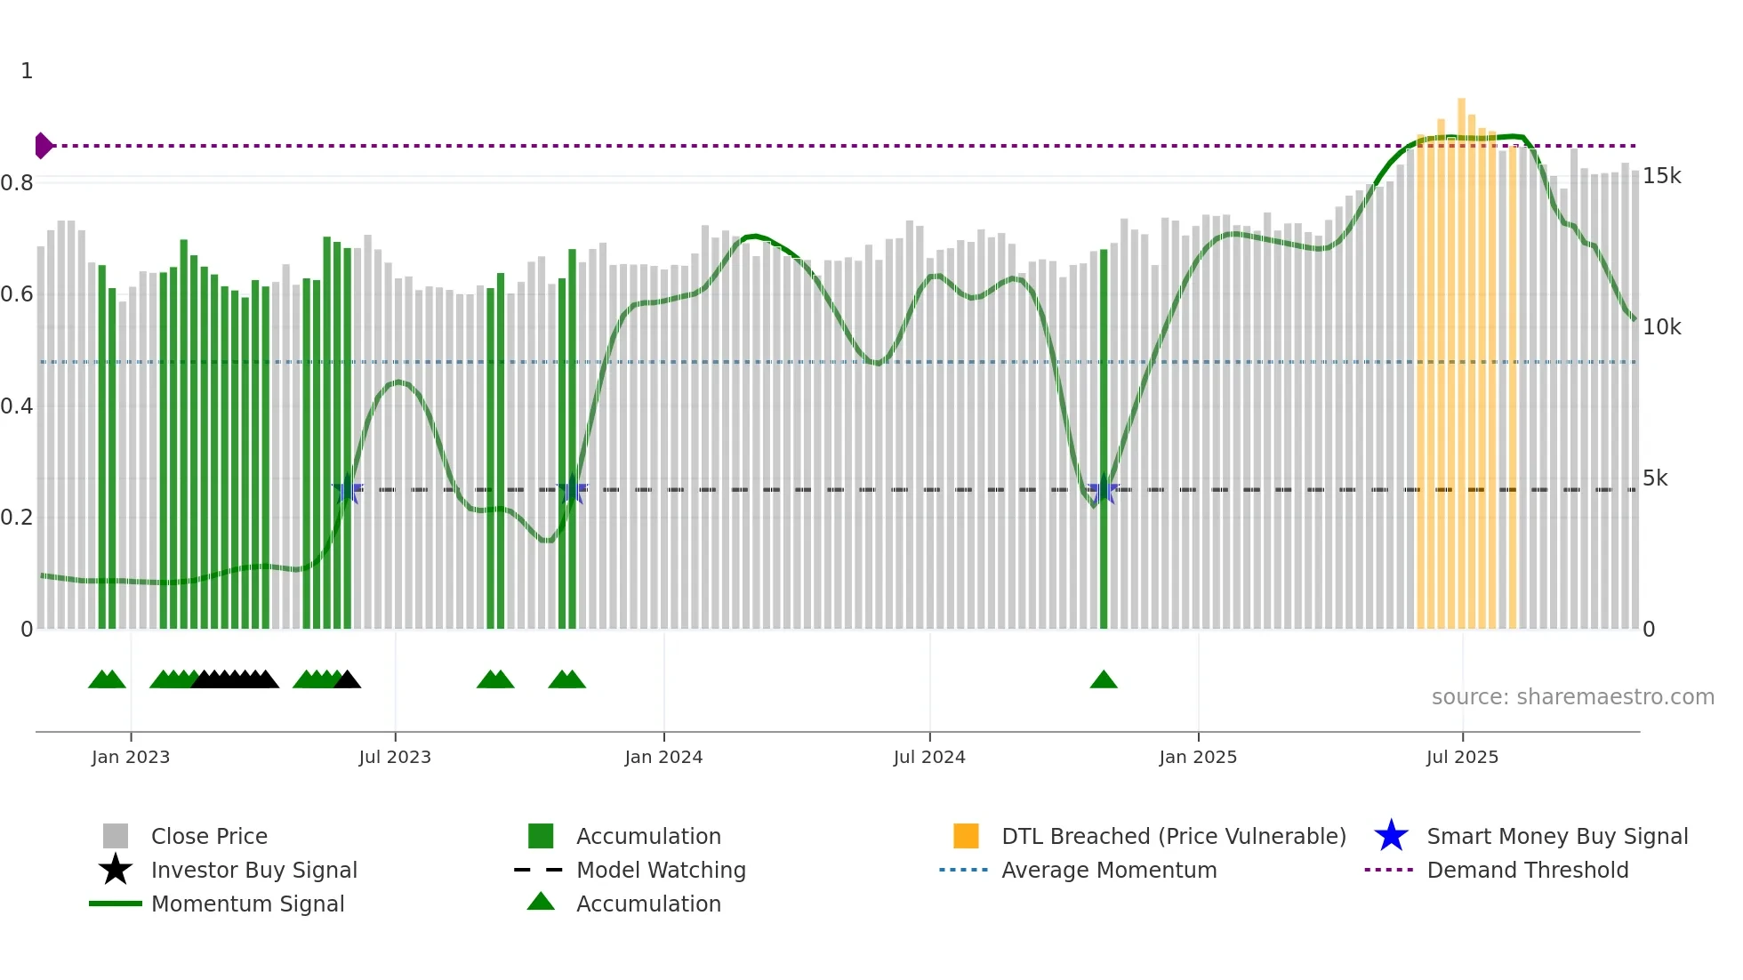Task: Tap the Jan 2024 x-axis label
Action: tap(663, 757)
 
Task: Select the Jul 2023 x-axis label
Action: tap(395, 757)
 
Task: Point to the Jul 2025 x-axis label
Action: tap(1462, 757)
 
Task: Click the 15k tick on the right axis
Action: tap(1661, 176)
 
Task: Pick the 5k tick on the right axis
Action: tap(1655, 478)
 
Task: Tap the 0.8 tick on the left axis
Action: tap(17, 183)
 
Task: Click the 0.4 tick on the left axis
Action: tap(17, 406)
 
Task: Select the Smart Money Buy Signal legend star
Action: tap(1391, 836)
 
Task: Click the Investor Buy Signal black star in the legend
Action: tap(116, 870)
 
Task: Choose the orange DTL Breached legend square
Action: tap(966, 836)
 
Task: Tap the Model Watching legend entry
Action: tap(661, 870)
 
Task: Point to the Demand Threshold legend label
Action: tap(1527, 870)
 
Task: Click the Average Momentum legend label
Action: tap(1109, 870)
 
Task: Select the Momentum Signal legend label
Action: tap(247, 904)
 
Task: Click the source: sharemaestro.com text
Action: tap(1572, 697)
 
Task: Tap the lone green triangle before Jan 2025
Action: tap(1104, 680)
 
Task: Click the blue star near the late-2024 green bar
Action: tap(1104, 490)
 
